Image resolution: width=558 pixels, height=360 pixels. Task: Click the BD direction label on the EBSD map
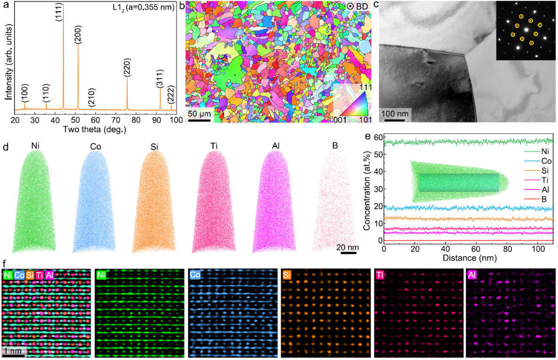pos(361,6)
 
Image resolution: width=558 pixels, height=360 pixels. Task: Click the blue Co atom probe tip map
pos(94,202)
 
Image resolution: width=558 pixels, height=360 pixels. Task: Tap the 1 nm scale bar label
pos(12,351)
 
